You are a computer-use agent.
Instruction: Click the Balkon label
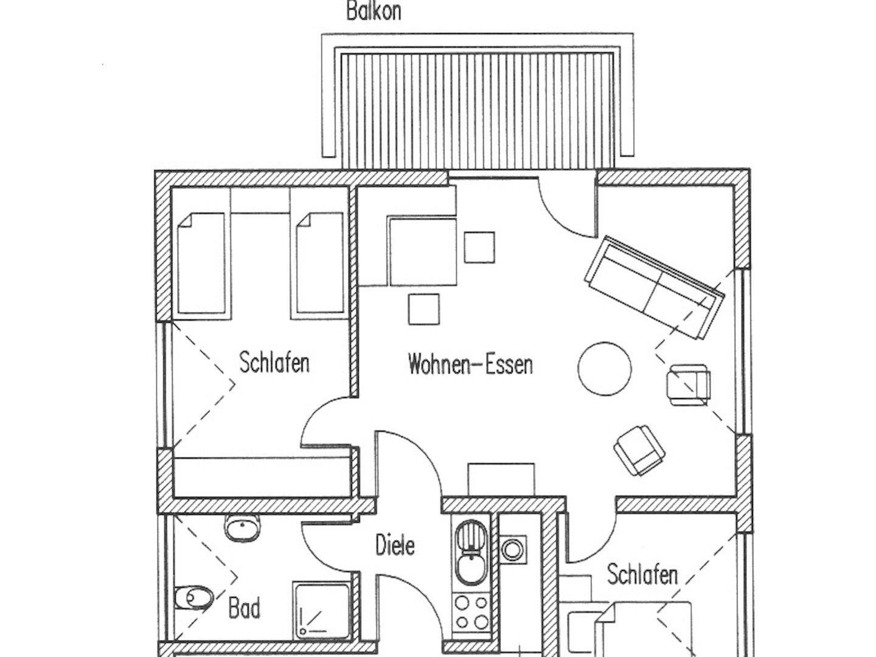pos(374,11)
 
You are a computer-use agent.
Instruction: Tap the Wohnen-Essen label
pos(470,364)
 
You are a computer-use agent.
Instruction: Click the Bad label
pos(244,608)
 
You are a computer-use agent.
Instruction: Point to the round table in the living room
pos(605,369)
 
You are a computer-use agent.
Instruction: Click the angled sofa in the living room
pos(655,287)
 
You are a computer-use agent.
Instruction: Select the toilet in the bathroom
pos(193,598)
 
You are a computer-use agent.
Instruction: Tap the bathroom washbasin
pos(243,528)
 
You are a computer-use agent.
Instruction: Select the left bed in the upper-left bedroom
pos(201,263)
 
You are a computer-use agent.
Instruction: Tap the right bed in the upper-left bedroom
pos(319,263)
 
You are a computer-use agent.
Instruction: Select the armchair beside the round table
pos(689,384)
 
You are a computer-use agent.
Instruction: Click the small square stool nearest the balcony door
pos(479,248)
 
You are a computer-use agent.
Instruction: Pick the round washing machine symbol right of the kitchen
pos(513,550)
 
